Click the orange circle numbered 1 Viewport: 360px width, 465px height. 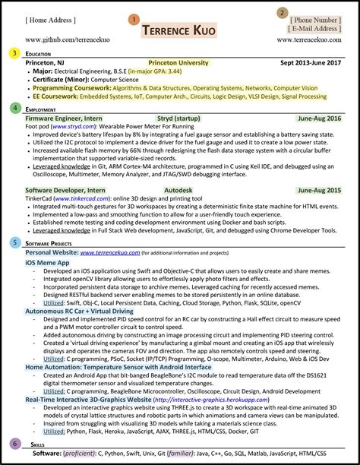coord(134,19)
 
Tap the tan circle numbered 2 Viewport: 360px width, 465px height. coord(283,13)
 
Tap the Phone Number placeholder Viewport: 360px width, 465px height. coord(316,19)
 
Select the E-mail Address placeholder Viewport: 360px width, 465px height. coord(316,29)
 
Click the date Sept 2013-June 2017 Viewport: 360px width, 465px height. coord(311,62)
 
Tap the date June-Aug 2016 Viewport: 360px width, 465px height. coord(319,119)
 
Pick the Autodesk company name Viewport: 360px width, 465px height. coord(181,190)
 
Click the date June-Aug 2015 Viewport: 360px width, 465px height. coord(319,190)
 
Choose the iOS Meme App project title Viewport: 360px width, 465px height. coord(48,262)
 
